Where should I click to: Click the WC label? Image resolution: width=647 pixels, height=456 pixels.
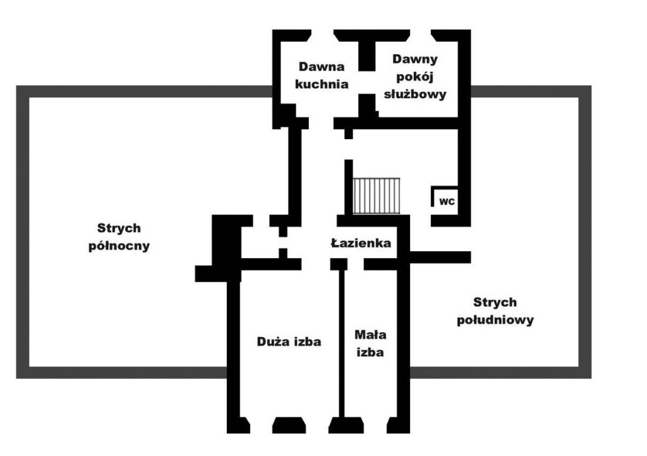click(447, 202)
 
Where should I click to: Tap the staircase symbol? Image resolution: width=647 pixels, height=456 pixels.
click(377, 196)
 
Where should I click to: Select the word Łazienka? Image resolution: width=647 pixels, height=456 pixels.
click(361, 243)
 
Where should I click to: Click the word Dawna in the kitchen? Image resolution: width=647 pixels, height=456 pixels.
click(322, 66)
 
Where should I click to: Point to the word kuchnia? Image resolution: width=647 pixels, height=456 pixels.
click(322, 84)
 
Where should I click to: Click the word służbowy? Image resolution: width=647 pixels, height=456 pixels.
click(415, 94)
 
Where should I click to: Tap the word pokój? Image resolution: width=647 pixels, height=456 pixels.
click(414, 77)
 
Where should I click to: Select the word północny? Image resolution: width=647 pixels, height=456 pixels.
click(119, 246)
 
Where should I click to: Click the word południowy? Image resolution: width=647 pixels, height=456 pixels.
click(495, 320)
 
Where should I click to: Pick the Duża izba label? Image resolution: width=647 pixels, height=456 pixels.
click(289, 342)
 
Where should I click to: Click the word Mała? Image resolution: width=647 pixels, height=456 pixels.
click(370, 334)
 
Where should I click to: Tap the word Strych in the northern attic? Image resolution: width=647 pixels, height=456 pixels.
click(119, 228)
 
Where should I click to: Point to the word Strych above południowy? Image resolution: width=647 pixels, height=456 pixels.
click(495, 302)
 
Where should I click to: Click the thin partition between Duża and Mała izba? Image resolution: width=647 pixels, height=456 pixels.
click(342, 343)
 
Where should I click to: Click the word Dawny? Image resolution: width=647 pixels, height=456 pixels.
click(414, 59)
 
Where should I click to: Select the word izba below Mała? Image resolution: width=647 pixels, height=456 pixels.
click(370, 352)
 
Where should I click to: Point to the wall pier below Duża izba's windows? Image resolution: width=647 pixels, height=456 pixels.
click(289, 426)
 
